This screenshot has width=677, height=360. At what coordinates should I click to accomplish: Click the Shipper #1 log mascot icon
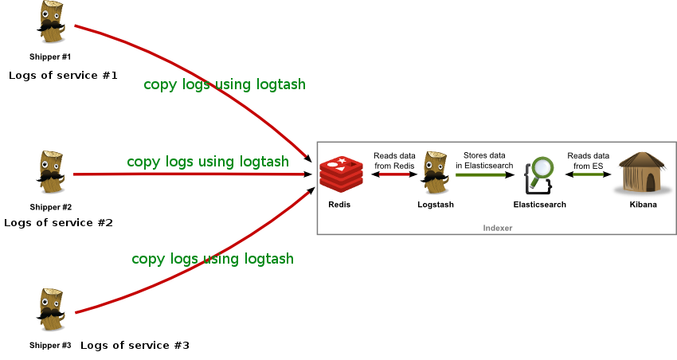tap(52, 22)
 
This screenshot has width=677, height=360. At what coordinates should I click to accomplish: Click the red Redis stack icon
tap(341, 174)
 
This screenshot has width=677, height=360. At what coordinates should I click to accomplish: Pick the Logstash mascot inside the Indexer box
tap(435, 173)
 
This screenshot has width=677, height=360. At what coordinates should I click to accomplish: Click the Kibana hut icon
tap(644, 173)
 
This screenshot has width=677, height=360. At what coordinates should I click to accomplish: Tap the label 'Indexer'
tap(497, 228)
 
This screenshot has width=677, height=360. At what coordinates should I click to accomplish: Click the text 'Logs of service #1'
tap(63, 76)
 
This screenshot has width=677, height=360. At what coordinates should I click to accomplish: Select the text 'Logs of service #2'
tap(58, 223)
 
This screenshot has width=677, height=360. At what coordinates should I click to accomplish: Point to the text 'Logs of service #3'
tap(135, 346)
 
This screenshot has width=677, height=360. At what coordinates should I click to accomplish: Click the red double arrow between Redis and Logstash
tap(394, 174)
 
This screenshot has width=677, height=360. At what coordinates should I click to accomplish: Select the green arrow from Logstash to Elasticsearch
tap(485, 174)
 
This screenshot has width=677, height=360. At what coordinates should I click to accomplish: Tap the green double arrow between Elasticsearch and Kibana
tap(588, 174)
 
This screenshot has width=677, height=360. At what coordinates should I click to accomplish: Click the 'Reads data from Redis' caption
tap(394, 161)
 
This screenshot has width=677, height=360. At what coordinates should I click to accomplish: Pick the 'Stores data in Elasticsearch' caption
tap(484, 160)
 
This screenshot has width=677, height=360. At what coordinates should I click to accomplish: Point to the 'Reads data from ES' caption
tap(588, 161)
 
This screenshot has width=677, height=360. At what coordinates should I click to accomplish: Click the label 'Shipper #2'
tap(50, 207)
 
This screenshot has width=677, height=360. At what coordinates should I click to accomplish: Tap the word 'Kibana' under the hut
tap(643, 205)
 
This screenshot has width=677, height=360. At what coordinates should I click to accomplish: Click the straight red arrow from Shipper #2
tap(193, 174)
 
